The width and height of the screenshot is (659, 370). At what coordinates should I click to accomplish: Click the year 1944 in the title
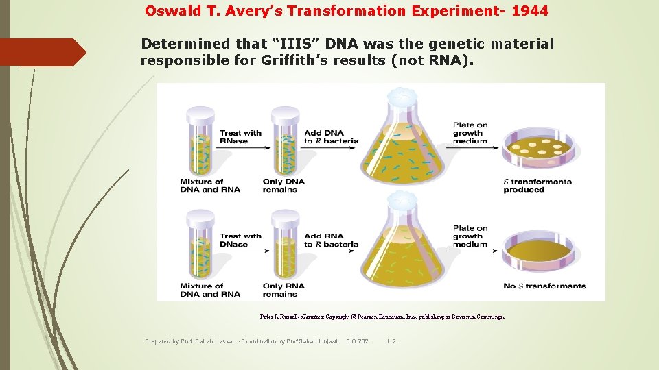click(529, 12)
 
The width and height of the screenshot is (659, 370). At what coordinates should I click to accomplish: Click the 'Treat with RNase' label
click(240, 136)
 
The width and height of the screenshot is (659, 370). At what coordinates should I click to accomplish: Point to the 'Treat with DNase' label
click(240, 240)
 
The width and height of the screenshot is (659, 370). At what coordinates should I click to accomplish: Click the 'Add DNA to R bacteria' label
click(331, 136)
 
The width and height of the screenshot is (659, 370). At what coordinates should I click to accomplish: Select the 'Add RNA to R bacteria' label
click(331, 240)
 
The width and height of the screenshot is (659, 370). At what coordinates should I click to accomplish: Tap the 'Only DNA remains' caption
click(284, 186)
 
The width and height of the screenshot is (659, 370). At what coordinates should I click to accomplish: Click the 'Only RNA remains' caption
click(284, 290)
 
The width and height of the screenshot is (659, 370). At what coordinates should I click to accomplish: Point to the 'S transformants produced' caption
click(537, 186)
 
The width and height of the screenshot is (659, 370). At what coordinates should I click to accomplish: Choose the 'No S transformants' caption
click(544, 286)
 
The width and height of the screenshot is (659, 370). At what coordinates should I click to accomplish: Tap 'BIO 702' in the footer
click(357, 341)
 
